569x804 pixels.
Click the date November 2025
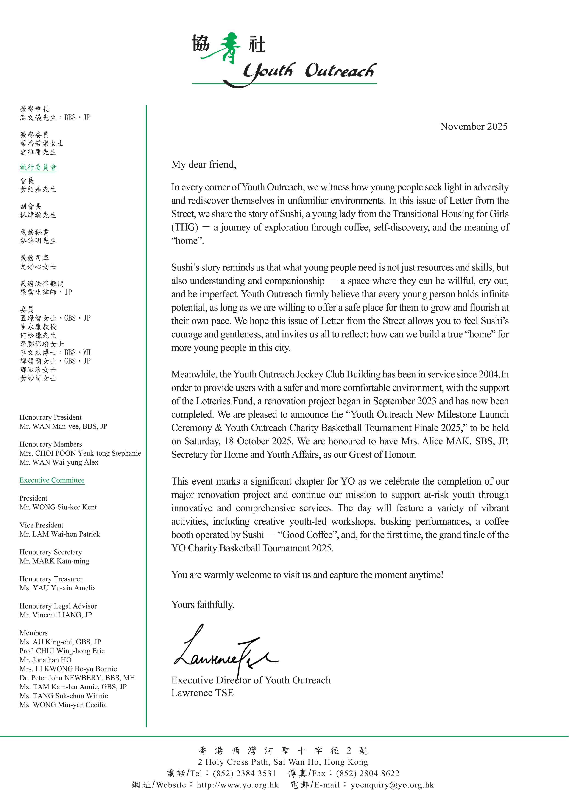[x=473, y=127]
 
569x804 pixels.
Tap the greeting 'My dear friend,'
[x=204, y=165]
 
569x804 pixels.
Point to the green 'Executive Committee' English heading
[x=52, y=480]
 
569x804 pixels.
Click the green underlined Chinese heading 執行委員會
[x=38, y=167]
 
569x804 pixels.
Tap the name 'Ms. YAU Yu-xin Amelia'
[x=58, y=588]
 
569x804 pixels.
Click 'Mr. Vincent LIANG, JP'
[x=56, y=615]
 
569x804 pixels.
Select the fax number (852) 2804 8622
[x=367, y=773]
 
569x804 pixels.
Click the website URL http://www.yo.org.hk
[x=237, y=785]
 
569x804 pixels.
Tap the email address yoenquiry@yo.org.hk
[x=392, y=785]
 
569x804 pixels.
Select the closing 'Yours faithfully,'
[x=203, y=605]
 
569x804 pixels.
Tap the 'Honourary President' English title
[x=50, y=417]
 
